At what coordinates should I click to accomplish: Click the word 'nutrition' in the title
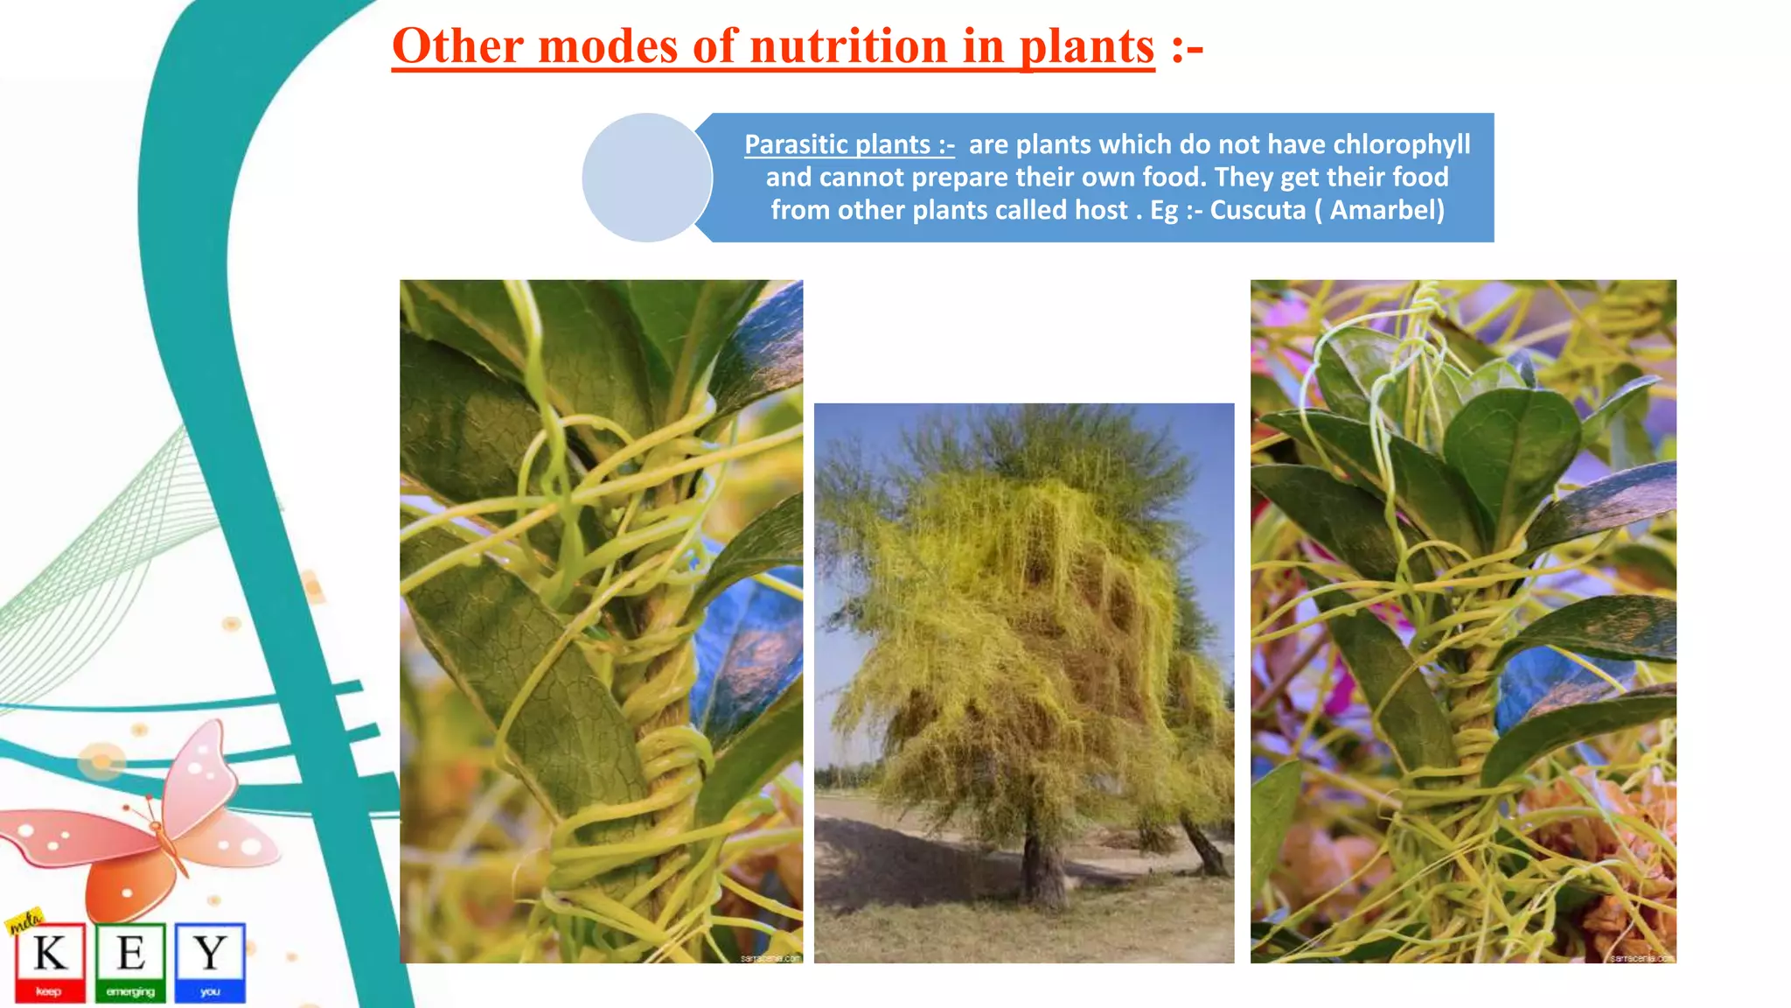click(848, 46)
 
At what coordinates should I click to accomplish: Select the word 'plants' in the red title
click(1087, 46)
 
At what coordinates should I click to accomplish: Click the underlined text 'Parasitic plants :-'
click(848, 144)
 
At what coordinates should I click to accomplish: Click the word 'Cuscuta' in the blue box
click(1258, 210)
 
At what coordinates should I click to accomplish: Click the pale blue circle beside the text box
click(646, 178)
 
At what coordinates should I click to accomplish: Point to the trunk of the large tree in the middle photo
click(1043, 866)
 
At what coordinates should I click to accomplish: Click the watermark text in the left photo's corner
click(770, 958)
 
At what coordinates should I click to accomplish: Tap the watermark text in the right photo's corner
click(1642, 958)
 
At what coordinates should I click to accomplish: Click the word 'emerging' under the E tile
click(130, 992)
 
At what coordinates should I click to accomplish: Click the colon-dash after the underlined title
click(1187, 46)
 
